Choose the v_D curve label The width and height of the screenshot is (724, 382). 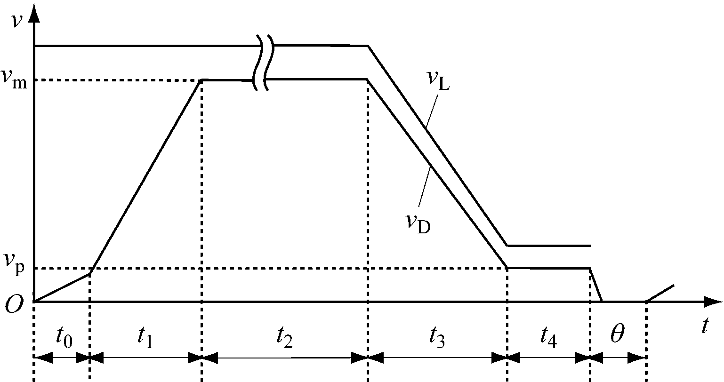point(418,224)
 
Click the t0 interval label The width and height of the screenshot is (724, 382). point(64,337)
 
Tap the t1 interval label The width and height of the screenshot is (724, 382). point(145,337)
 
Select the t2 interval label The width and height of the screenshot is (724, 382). point(284,337)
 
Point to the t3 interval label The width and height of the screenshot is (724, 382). point(437,337)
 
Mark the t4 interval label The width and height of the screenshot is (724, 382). point(549,337)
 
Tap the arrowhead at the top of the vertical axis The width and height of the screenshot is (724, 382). point(34,12)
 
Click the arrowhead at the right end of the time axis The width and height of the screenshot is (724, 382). point(713,302)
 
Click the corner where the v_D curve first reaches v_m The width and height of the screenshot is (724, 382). point(202,80)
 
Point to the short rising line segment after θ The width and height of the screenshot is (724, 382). point(660,293)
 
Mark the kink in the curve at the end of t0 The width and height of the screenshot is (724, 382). point(90,273)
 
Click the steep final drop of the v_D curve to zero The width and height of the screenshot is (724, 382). point(595,285)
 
